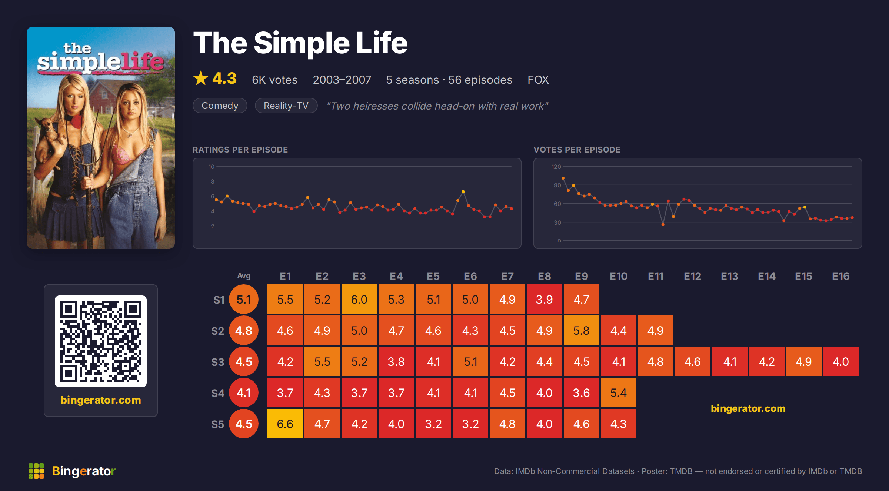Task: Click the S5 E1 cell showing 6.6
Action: tap(285, 424)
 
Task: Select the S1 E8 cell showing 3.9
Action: tap(545, 299)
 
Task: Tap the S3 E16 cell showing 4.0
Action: tap(841, 361)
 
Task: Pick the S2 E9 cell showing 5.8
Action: tap(582, 330)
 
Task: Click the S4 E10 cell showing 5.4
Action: tap(619, 393)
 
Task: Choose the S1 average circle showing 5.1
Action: tap(244, 299)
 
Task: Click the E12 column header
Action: tap(692, 276)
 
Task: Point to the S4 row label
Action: tap(218, 393)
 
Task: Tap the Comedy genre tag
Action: tap(220, 106)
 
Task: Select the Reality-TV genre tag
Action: tap(286, 106)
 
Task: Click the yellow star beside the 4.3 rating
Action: tap(201, 78)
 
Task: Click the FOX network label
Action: tap(538, 80)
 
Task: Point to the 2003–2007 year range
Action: tap(342, 80)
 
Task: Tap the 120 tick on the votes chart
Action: tap(556, 167)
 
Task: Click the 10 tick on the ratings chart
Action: tap(211, 167)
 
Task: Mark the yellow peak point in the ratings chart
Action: tap(463, 191)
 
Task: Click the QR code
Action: tap(101, 341)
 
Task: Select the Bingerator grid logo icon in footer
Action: tap(36, 471)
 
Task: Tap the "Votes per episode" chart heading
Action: tap(577, 150)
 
